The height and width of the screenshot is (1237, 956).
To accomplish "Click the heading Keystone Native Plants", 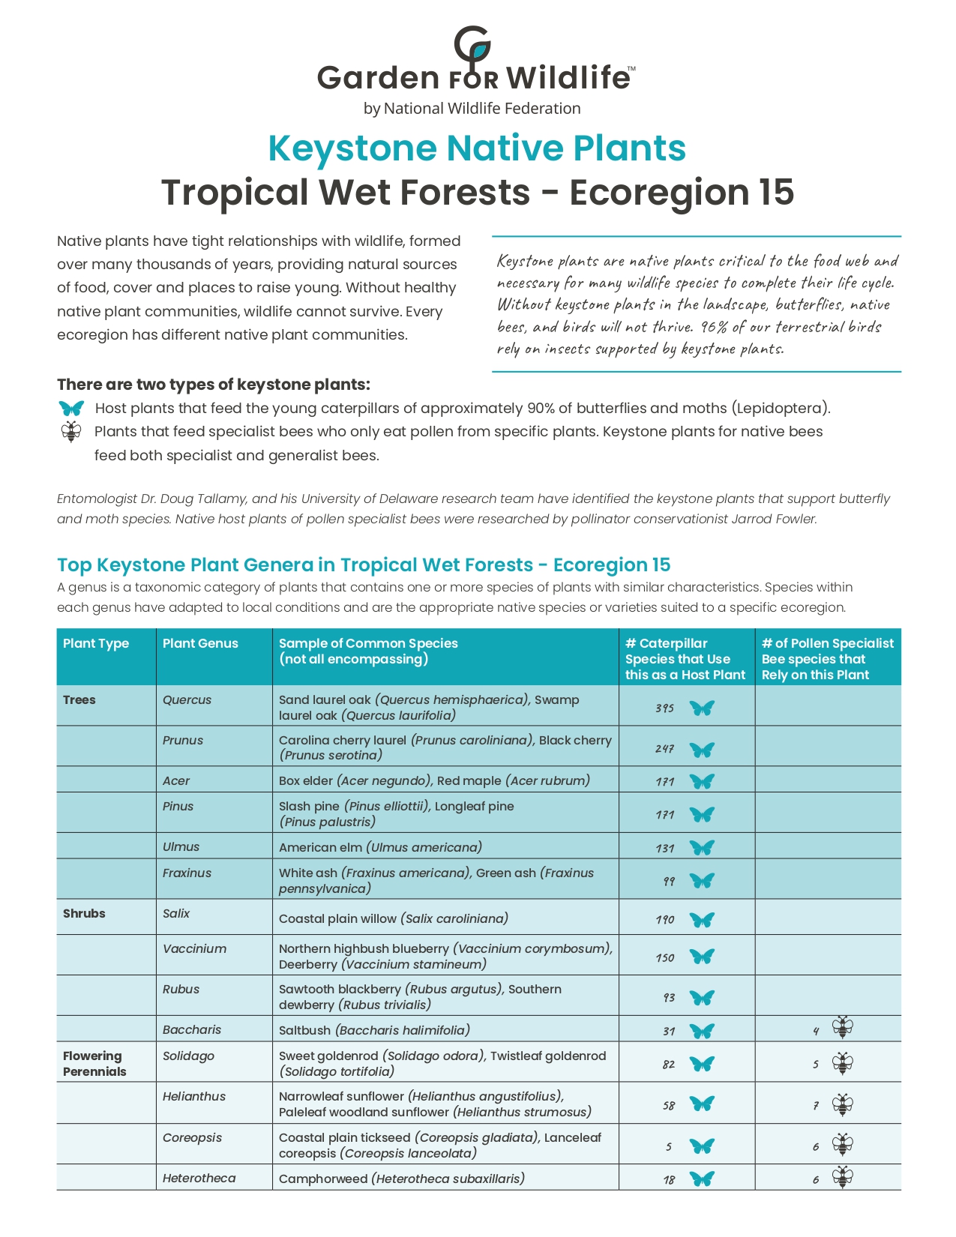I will [x=477, y=148].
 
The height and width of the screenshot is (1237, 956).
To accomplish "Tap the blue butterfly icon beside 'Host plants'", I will [x=71, y=409].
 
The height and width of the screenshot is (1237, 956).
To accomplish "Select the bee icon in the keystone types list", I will [x=71, y=432].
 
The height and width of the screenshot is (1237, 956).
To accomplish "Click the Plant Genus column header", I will [x=200, y=643].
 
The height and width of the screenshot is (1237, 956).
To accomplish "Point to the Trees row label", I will [x=79, y=699].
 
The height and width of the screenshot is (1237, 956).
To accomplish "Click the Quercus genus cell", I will [x=187, y=699].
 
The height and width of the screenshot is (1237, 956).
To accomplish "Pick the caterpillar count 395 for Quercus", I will [x=664, y=708].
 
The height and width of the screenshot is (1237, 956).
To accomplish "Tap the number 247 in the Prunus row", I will [x=664, y=748].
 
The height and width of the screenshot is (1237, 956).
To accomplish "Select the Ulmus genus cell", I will [x=181, y=846].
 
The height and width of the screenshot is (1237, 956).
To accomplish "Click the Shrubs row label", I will [x=84, y=913].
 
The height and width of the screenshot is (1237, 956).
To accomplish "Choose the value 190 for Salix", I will [x=664, y=919].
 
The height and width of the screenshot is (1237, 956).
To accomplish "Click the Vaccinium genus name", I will [x=194, y=948].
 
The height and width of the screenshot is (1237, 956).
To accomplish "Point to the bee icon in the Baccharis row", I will [x=843, y=1028].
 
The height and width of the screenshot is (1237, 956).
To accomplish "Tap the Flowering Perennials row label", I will [x=94, y=1063].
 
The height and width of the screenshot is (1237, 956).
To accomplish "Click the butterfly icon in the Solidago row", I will [x=702, y=1064].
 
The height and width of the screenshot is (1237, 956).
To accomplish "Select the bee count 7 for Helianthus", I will [x=816, y=1106].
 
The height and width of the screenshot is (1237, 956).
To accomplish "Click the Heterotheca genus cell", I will [x=199, y=1178].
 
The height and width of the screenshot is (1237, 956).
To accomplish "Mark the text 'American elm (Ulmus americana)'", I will [x=380, y=847].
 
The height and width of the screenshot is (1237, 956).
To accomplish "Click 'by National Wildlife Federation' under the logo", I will [x=472, y=109].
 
